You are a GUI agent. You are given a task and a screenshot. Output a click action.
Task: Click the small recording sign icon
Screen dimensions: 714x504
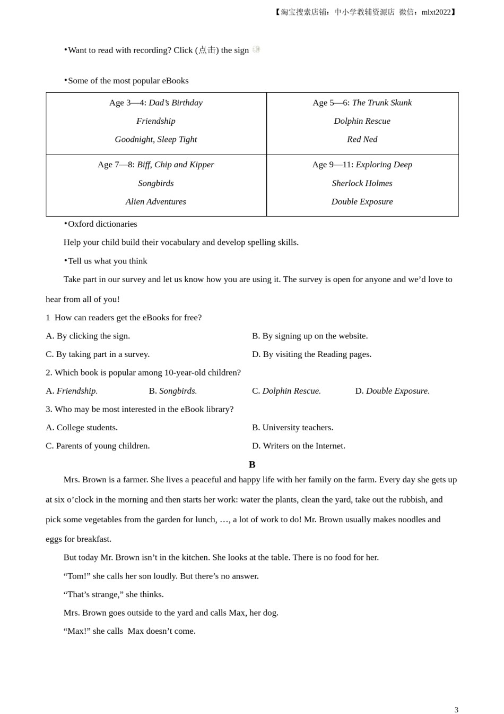(x=256, y=49)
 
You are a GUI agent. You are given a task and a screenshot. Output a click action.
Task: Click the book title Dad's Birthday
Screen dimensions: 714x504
(x=175, y=103)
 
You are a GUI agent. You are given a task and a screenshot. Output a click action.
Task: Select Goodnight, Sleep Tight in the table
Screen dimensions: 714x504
(x=155, y=139)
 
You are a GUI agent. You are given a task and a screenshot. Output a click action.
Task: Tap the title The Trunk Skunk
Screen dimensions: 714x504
(x=381, y=103)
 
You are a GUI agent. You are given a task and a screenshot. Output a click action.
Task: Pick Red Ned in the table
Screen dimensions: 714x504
(x=362, y=139)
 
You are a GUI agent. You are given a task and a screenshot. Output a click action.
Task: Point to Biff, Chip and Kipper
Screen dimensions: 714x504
(x=175, y=165)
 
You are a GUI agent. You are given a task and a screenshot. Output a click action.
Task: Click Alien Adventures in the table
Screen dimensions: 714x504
(x=155, y=202)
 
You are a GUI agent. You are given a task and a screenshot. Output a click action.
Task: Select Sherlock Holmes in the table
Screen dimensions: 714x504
(x=362, y=183)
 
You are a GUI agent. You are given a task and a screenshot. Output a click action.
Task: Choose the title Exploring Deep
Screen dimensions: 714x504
(x=384, y=165)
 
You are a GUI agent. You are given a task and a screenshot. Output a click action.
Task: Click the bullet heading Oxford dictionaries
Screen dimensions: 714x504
(x=102, y=224)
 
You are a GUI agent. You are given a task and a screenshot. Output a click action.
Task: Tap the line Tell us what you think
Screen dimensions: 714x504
(x=107, y=261)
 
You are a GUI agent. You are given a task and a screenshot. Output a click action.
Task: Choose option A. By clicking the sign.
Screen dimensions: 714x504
(x=88, y=336)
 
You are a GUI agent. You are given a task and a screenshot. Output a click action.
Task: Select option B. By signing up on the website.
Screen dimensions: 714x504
(x=310, y=336)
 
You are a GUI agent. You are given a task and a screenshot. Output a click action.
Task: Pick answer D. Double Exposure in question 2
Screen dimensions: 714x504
(x=392, y=391)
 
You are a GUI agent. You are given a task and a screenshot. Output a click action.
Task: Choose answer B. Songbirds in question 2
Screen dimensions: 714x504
(x=172, y=391)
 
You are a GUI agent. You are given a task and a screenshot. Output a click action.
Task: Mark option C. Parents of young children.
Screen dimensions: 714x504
(x=98, y=446)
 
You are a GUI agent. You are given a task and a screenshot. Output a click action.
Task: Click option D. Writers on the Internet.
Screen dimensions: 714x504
(x=299, y=446)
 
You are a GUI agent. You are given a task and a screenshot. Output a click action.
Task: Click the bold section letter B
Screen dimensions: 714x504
(x=252, y=465)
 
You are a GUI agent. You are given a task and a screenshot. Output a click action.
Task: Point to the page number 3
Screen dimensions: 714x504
(x=456, y=710)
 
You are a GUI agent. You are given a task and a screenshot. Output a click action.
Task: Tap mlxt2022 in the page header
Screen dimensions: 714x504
(x=436, y=12)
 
